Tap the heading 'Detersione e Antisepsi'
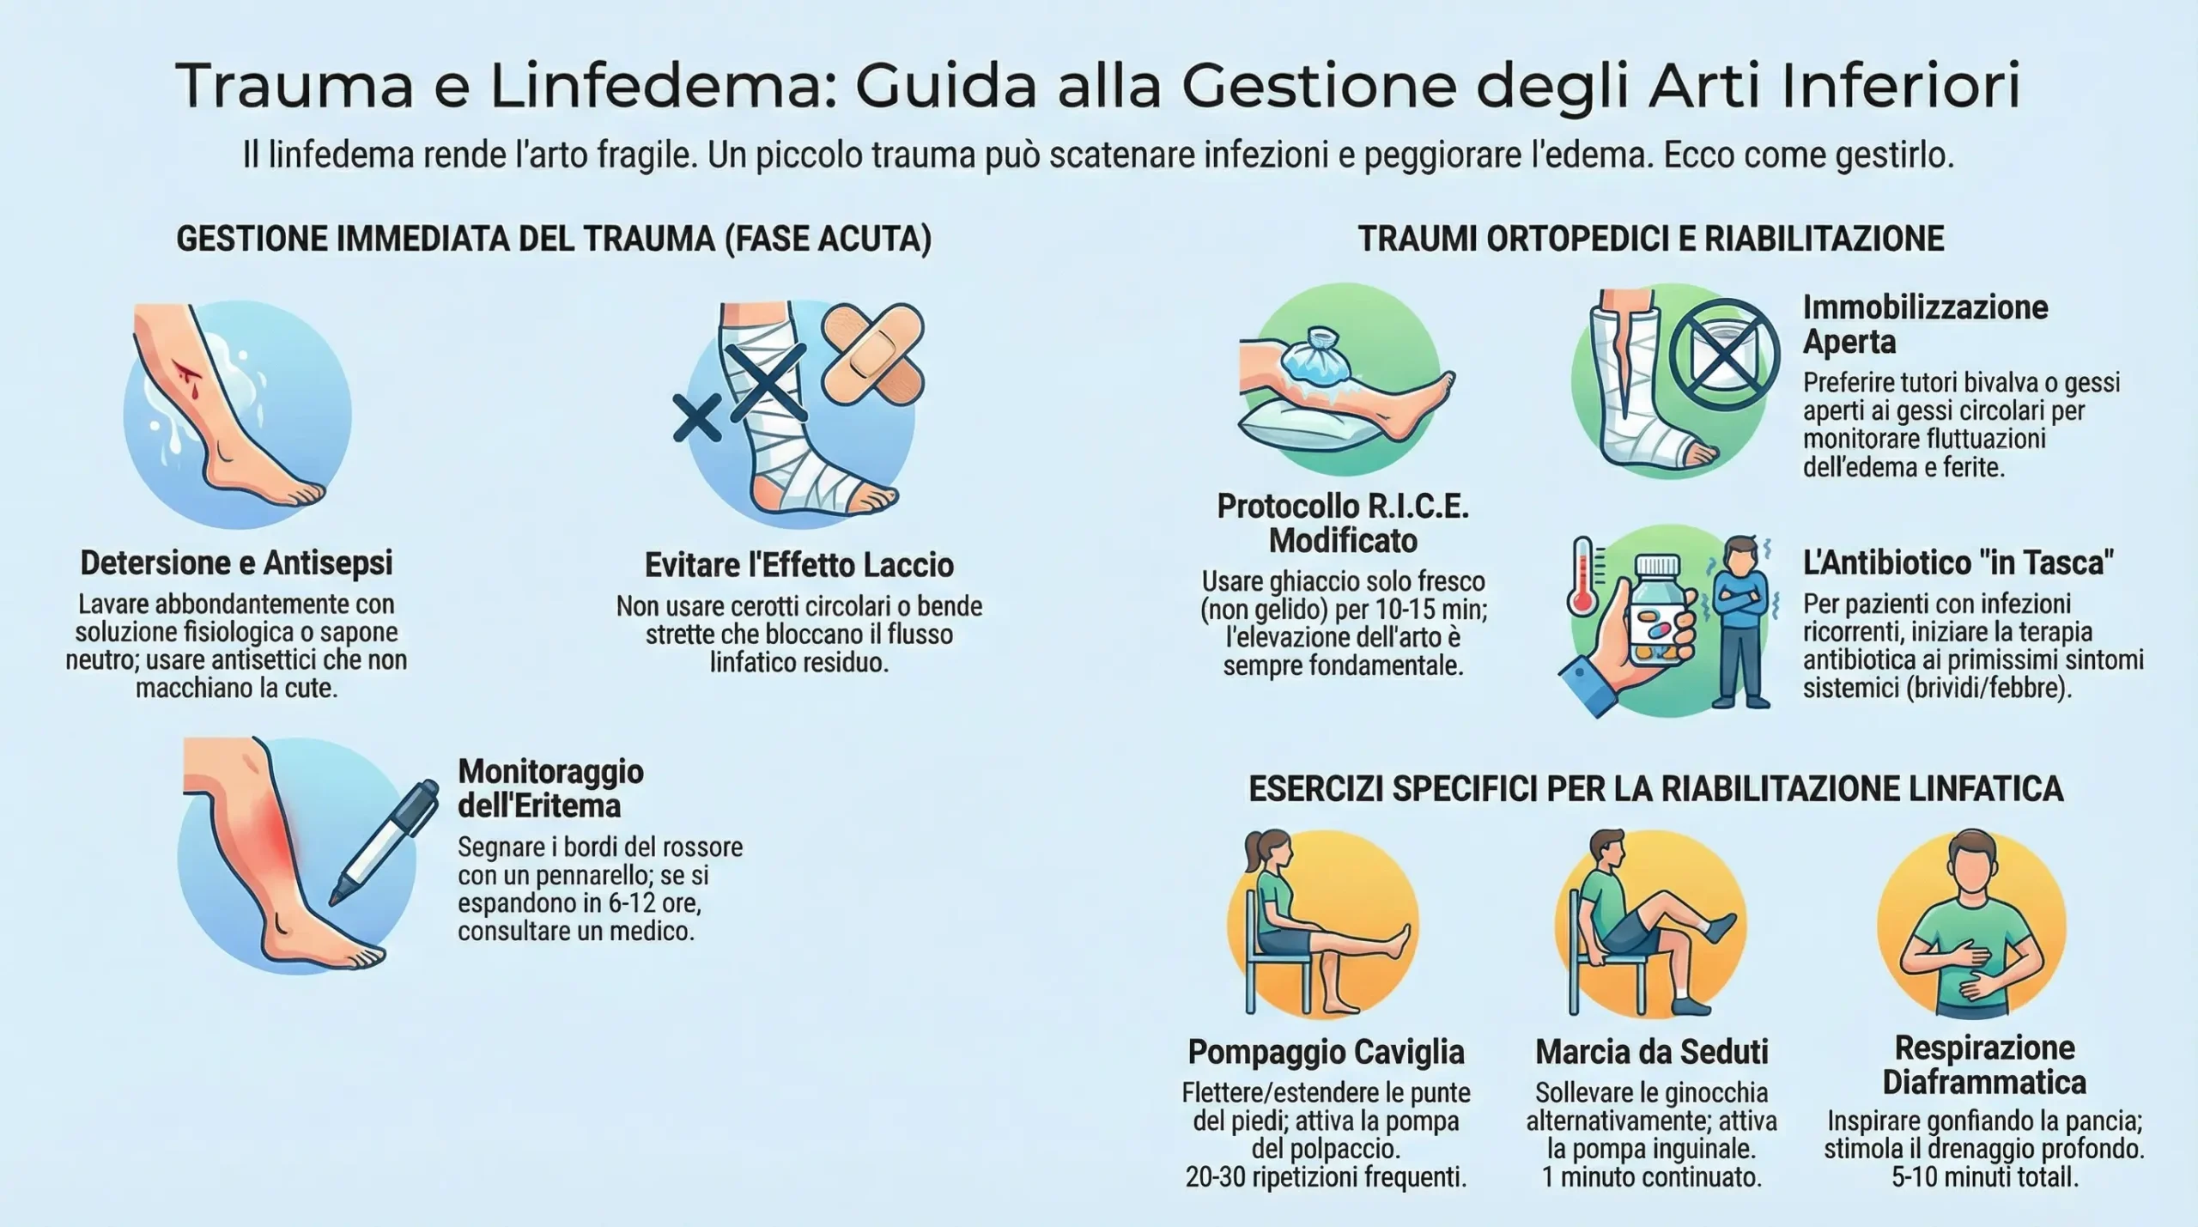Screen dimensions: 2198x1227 pos(236,563)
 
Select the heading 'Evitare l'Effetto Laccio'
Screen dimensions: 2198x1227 pos(799,565)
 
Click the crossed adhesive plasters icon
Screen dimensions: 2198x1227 pos(873,352)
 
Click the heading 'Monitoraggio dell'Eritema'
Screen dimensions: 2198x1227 pos(551,788)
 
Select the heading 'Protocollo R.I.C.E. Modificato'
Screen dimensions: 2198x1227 pos(1343,523)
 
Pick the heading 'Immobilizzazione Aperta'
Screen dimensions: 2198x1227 pos(1925,325)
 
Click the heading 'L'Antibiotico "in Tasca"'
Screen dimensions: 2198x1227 pos(1958,563)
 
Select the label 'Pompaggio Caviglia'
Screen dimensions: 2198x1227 pos(1326,1052)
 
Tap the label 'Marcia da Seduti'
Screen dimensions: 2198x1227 pos(1652,1052)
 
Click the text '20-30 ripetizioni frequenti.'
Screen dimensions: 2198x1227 pos(1326,1177)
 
